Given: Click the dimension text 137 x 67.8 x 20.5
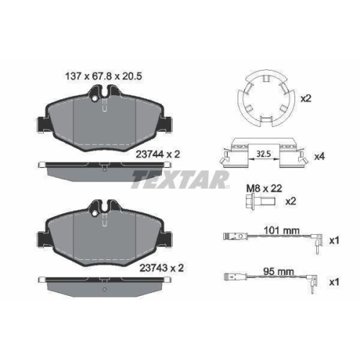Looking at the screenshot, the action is (x=104, y=76).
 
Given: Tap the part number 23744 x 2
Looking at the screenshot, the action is (x=158, y=154).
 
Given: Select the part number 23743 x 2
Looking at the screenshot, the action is (x=161, y=268).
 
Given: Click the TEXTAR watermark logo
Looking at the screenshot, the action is (x=180, y=179).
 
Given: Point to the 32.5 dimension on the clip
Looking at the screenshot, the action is (x=264, y=153).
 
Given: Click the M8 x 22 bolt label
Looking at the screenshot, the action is (x=264, y=189).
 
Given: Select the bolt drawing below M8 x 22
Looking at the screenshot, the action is (x=261, y=201).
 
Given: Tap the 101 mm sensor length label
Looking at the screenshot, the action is (x=282, y=231).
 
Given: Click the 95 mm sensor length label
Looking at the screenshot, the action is (x=279, y=272).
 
